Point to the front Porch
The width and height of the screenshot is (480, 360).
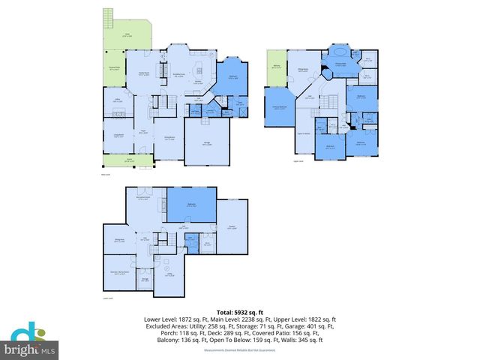coord(128,160)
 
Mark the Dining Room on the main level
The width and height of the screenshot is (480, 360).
coord(169,139)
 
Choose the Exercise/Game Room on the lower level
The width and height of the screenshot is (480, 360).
coord(118,273)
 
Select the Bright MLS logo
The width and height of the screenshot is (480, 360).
coord(30,343)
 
